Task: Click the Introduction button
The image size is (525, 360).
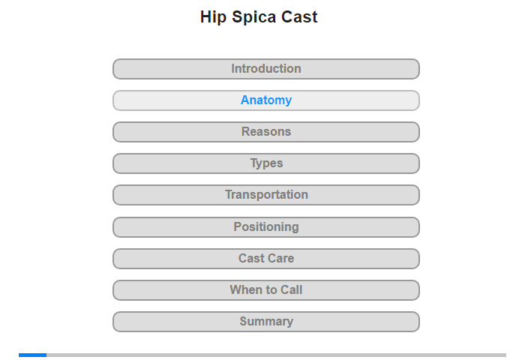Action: coord(265,69)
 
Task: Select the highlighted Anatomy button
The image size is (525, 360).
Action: coord(265,100)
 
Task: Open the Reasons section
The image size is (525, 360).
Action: coord(265,132)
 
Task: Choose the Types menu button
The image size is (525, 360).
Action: coord(265,163)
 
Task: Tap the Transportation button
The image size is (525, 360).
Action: coord(265,195)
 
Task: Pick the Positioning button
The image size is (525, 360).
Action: coord(265,227)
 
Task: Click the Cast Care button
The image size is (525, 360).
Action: coord(265,259)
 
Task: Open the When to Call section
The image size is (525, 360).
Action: coord(265,290)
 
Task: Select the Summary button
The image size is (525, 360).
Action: coord(265,322)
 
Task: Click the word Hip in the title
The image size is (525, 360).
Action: coord(213,17)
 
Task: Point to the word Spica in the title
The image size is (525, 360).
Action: coord(253,17)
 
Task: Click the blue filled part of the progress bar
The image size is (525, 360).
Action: coord(32,355)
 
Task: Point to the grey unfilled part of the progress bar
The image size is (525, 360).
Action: coord(276,355)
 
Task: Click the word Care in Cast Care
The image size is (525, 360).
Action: coord(281,259)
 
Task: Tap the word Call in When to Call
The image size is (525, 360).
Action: coord(291,290)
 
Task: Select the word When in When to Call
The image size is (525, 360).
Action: coord(243,290)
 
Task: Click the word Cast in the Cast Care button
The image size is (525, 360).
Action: coord(251,259)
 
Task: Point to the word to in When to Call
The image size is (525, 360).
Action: coord(268,290)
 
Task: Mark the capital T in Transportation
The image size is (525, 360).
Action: coord(228,194)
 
